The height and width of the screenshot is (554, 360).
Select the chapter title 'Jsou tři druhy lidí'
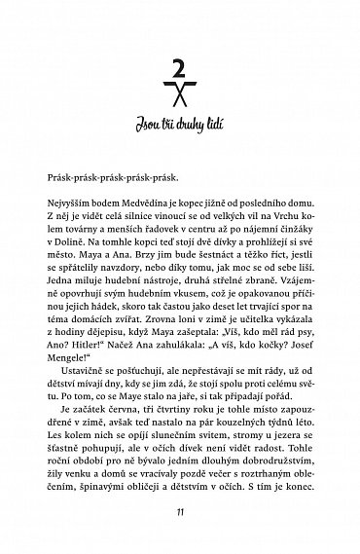pyautogui.click(x=179, y=122)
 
